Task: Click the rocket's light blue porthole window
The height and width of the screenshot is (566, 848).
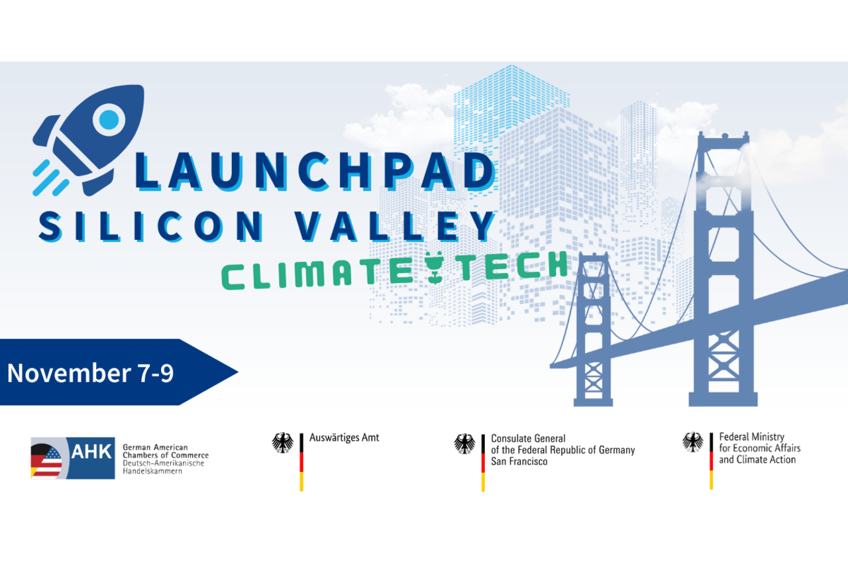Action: click(x=109, y=119)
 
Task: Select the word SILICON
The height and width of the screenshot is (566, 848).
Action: click(x=151, y=227)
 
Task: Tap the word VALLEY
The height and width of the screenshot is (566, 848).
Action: click(x=396, y=227)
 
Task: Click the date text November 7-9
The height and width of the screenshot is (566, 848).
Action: click(x=91, y=372)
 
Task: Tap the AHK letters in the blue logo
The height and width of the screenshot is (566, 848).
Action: click(x=91, y=451)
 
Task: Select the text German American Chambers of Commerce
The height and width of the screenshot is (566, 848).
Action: click(x=166, y=451)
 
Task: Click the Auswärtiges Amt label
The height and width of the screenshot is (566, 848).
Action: click(x=344, y=438)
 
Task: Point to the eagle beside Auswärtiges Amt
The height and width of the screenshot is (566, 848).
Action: click(x=282, y=443)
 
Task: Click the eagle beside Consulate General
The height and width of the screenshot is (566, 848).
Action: click(x=464, y=443)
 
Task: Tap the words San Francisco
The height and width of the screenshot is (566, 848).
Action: click(x=519, y=461)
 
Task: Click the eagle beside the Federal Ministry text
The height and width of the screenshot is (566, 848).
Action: click(x=693, y=442)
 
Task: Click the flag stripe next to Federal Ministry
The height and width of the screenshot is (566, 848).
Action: click(x=712, y=461)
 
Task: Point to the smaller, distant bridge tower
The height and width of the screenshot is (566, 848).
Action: click(x=593, y=329)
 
